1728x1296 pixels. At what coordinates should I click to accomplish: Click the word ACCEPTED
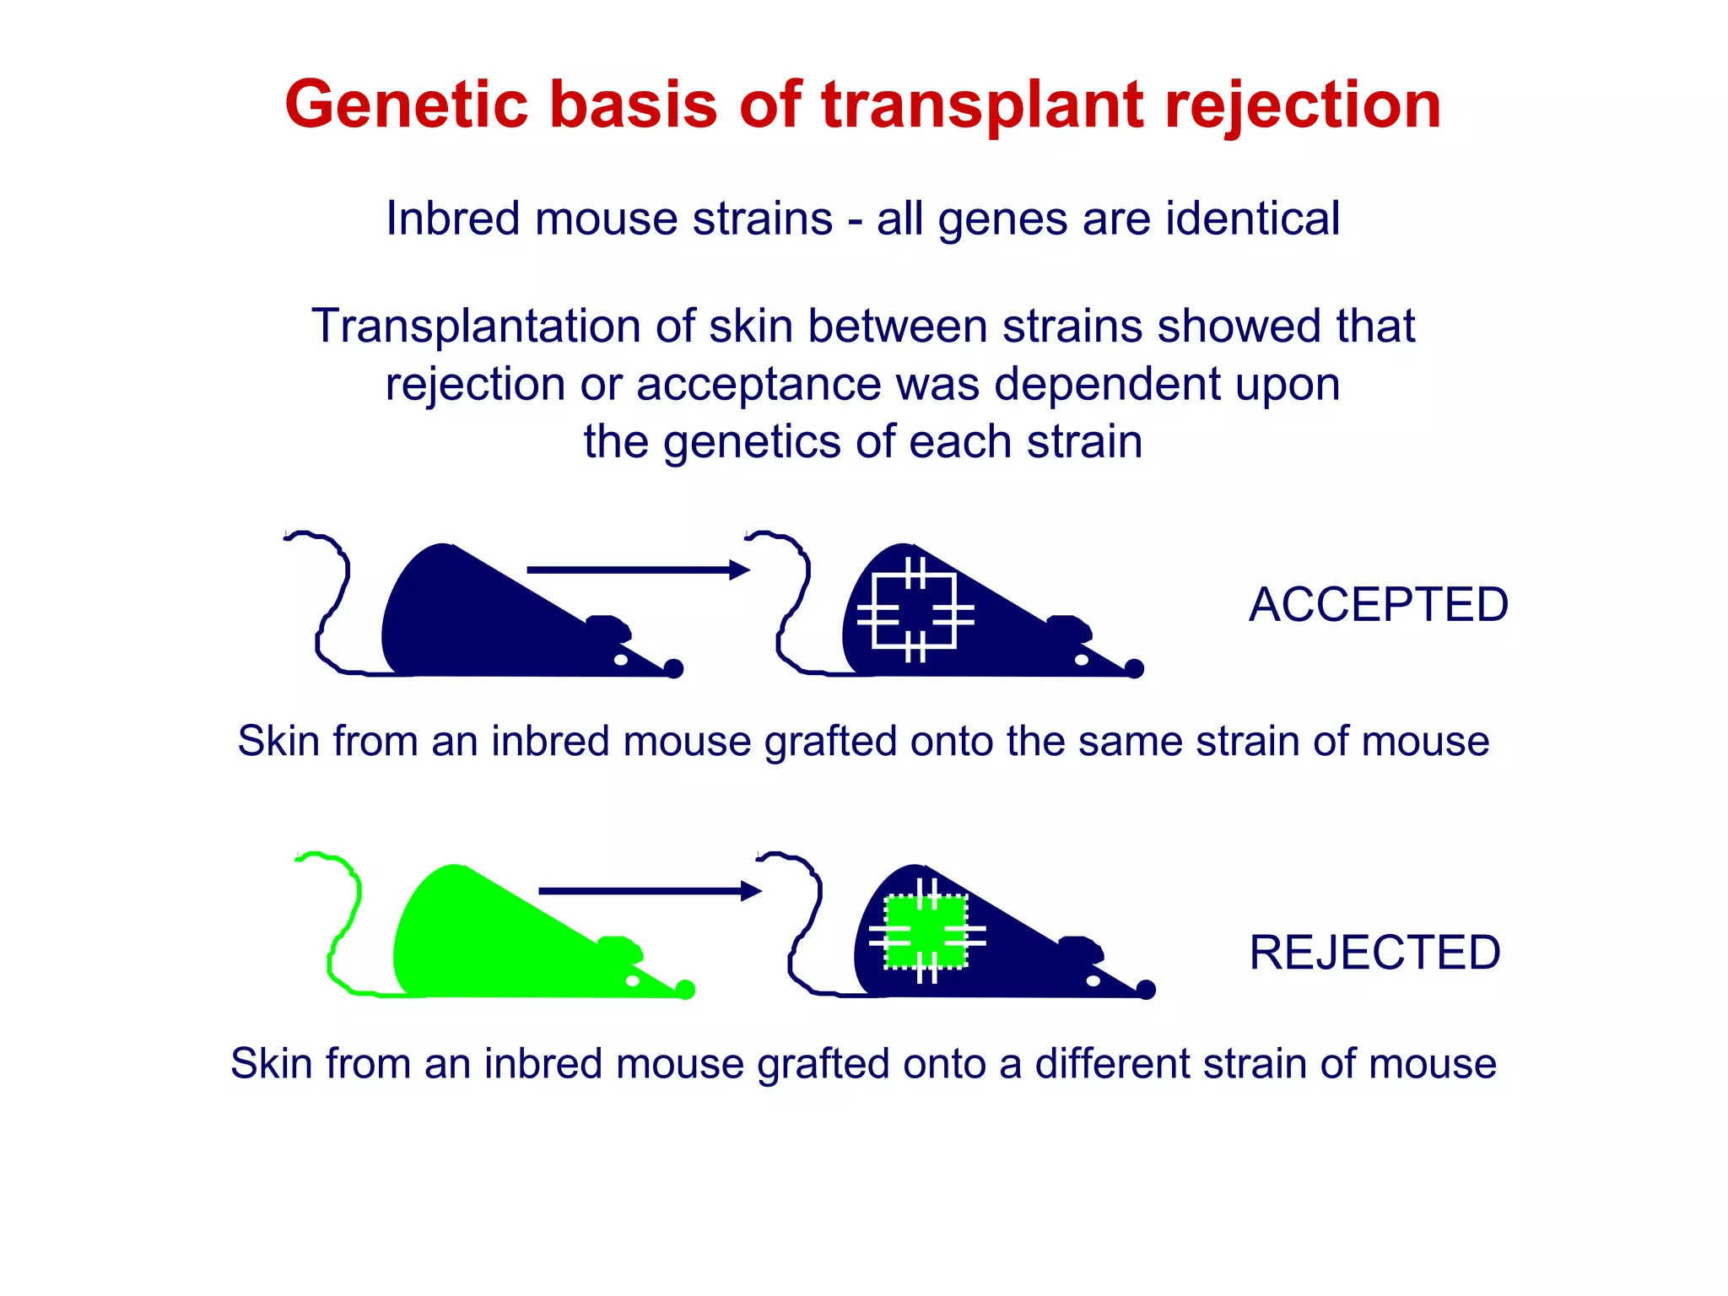pyautogui.click(x=1378, y=605)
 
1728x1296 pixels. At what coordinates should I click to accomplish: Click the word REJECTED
pyautogui.click(x=1374, y=953)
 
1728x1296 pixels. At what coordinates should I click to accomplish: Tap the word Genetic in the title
pyautogui.click(x=406, y=105)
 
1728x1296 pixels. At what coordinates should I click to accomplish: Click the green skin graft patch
pyautogui.click(x=926, y=931)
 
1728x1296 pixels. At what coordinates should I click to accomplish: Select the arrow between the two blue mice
pyautogui.click(x=637, y=570)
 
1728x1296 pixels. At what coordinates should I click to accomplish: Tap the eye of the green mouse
pyautogui.click(x=633, y=980)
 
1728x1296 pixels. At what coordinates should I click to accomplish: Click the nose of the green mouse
pyautogui.click(x=686, y=990)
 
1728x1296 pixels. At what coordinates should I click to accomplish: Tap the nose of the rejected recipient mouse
pyautogui.click(x=1146, y=990)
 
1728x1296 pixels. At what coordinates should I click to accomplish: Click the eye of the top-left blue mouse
pyautogui.click(x=621, y=660)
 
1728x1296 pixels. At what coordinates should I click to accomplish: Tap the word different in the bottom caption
pyautogui.click(x=1110, y=1063)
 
